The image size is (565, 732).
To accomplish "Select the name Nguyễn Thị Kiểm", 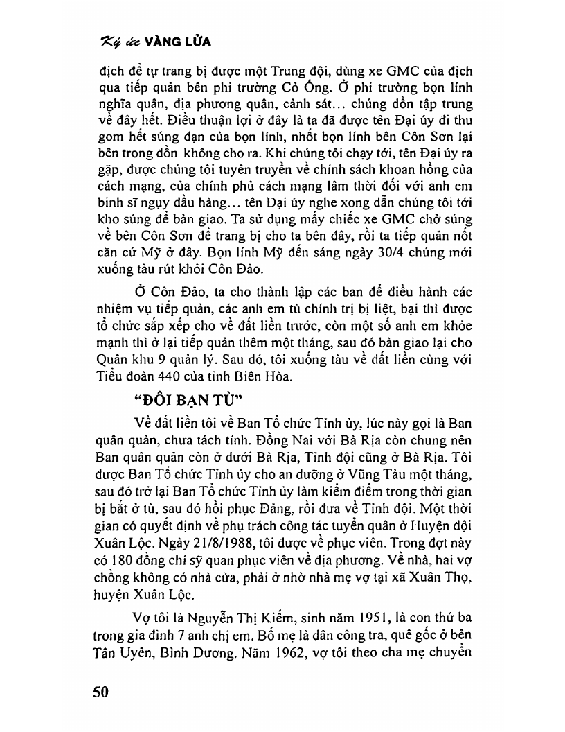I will tap(233, 617).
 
